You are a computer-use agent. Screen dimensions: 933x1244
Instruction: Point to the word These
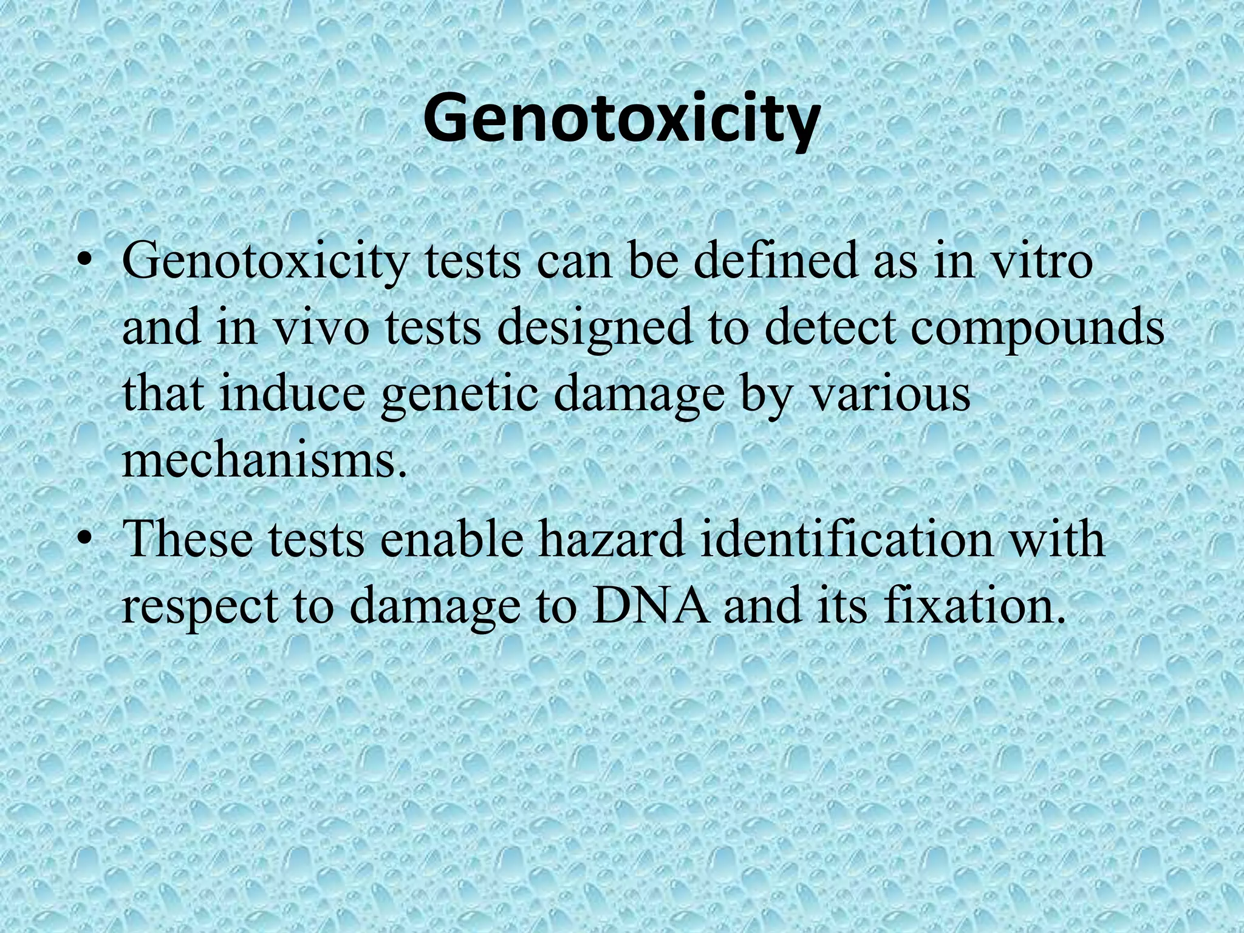187,537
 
